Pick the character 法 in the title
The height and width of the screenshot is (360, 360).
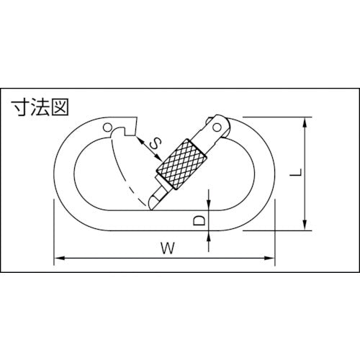point(40,108)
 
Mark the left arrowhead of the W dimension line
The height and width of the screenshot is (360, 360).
point(58,257)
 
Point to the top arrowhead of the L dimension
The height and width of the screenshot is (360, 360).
point(307,122)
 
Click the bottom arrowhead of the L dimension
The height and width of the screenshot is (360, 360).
point(307,227)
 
